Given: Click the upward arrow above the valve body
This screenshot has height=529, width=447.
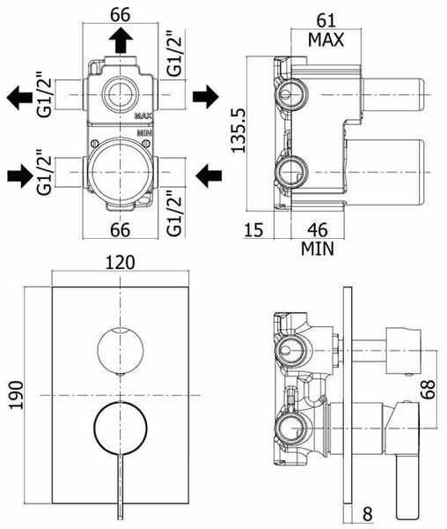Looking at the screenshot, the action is (121, 41).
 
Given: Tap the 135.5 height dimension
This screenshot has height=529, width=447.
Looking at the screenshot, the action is (239, 130).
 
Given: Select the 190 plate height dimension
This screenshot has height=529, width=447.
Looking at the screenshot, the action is (16, 395).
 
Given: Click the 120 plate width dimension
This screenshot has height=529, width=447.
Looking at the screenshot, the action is (120, 263).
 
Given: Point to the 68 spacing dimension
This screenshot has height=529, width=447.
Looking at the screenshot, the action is (428, 389).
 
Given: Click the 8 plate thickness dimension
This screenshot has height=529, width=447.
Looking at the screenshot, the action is (368, 514).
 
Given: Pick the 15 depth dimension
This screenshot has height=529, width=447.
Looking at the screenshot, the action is (253, 230).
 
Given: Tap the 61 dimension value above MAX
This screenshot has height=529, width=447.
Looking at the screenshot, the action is (326, 20).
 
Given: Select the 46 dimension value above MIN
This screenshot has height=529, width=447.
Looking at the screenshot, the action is (318, 230).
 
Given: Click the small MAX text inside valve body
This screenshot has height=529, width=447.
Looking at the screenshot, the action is (143, 116).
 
